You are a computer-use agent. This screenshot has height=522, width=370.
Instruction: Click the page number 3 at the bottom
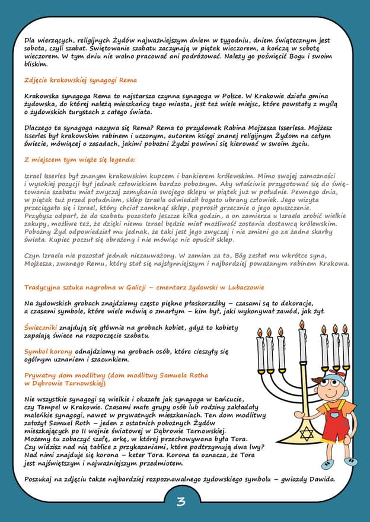(181, 502)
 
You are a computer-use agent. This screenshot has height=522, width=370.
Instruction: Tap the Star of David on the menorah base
(306, 434)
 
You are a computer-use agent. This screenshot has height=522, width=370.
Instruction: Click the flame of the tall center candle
(302, 324)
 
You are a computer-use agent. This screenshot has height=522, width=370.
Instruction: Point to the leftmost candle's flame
(259, 332)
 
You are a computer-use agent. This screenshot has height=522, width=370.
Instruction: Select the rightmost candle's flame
(345, 328)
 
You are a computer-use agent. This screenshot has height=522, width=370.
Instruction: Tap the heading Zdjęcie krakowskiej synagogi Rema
(81, 80)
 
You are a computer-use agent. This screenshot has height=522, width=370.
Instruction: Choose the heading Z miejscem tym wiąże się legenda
(80, 160)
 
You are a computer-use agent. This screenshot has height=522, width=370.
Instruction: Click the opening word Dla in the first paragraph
(30, 40)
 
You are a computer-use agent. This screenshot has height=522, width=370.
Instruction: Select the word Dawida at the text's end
(321, 479)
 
